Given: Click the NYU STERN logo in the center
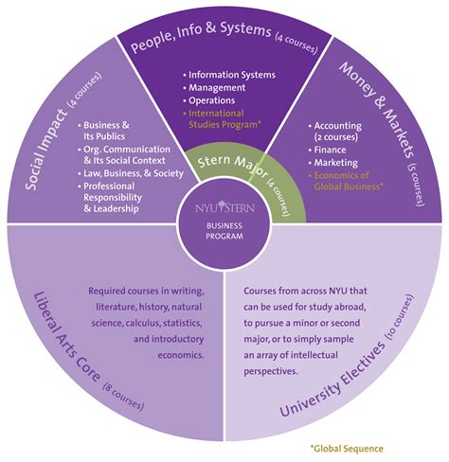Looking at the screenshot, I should click(224, 205).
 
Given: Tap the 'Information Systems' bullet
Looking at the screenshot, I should click(233, 74).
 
